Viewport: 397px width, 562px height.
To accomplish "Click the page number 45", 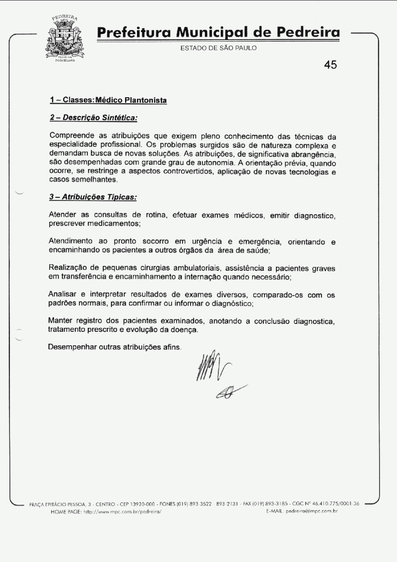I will coord(330,65).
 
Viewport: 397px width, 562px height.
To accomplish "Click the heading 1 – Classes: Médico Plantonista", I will coord(108,100).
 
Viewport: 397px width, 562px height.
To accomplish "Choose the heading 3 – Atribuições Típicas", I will coord(93,197).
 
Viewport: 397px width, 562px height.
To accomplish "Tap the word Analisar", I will coord(64,295).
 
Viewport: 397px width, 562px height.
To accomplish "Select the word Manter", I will coord(61,321).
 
